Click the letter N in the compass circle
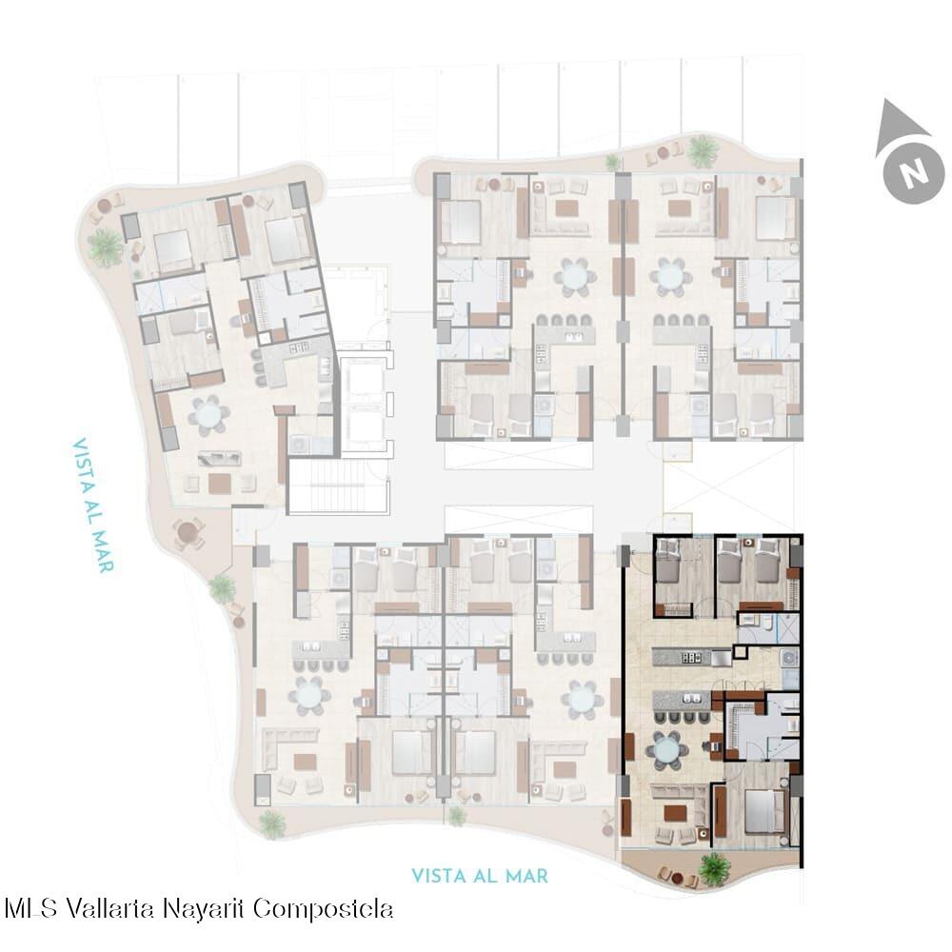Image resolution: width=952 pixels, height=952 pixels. click(915, 171)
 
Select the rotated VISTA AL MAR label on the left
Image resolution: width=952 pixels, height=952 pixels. click(93, 506)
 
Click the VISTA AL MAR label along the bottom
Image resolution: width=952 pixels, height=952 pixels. click(480, 876)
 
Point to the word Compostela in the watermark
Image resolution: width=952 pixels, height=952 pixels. click(323, 909)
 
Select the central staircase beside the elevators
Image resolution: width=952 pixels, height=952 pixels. click(338, 486)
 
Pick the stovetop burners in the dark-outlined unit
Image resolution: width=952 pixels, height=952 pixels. click(689, 658)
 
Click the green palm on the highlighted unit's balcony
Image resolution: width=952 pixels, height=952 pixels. click(715, 869)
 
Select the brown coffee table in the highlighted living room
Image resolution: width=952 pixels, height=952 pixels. click(675, 812)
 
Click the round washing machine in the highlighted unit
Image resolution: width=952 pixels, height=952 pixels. click(790, 658)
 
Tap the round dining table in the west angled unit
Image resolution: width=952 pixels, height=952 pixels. click(208, 415)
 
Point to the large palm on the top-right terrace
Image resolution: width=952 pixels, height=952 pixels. click(703, 150)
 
